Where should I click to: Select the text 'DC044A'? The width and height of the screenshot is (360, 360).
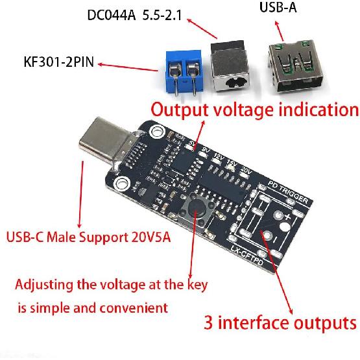point(110,14)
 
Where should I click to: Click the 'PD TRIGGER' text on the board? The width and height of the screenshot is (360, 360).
point(286,189)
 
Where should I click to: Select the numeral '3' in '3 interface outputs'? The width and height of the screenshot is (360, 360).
point(210,321)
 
